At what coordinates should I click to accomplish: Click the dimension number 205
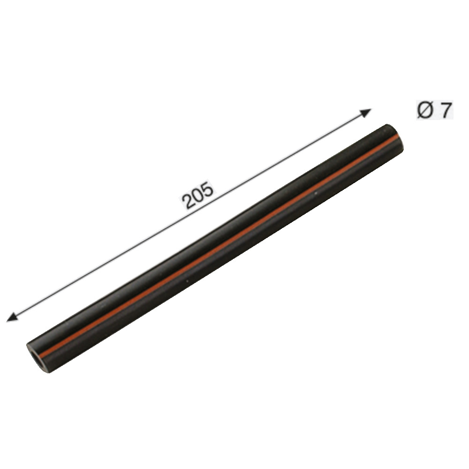[198, 195]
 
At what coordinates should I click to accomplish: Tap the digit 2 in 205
[189, 201]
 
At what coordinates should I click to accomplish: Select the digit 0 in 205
[198, 195]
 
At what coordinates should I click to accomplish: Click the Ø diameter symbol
[425, 110]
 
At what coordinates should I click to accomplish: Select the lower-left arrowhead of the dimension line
[12, 317]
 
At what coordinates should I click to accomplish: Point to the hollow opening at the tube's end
[35, 356]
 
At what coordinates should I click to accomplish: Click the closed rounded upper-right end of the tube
[396, 137]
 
